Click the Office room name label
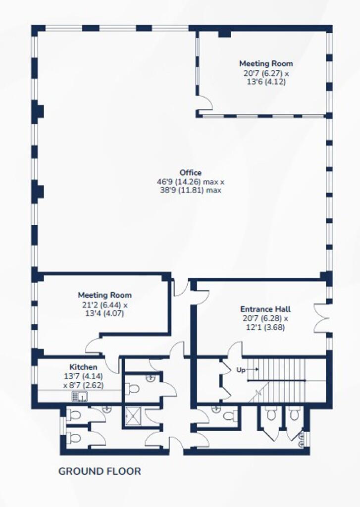point(191,173)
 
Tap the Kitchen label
point(84,367)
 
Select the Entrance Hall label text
point(265,309)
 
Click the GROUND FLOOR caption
point(100,471)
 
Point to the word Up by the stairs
point(241,370)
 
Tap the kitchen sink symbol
point(79,396)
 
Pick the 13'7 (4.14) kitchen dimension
point(84,376)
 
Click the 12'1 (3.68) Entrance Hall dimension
point(265,327)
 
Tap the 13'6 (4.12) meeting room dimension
point(266,82)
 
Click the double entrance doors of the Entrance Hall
point(321,318)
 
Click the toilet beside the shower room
point(132,388)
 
